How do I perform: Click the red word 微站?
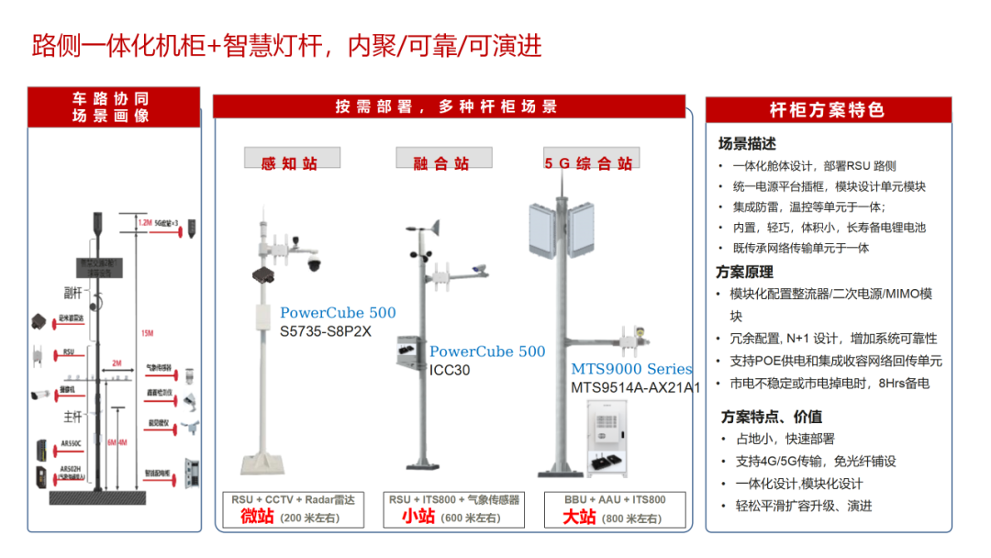[257, 518]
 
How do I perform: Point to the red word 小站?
[418, 518]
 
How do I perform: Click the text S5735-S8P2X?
[325, 331]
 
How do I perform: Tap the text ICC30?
[450, 370]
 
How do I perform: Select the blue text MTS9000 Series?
[632, 369]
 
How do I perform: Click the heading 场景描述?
[747, 144]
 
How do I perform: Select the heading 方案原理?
[745, 273]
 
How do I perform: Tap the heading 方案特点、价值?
[771, 417]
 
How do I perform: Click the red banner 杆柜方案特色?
[827, 110]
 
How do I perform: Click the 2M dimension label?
[117, 363]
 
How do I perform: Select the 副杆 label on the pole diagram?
[72, 293]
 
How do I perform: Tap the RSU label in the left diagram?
[69, 352]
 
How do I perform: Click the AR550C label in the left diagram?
[72, 443]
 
